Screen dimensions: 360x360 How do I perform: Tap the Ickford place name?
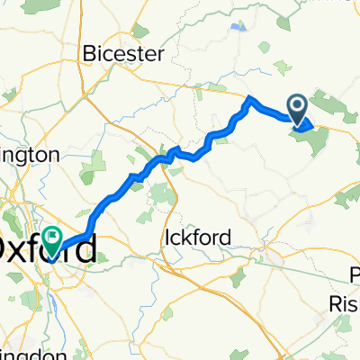(198, 238)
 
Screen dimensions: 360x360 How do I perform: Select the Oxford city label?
(45, 248)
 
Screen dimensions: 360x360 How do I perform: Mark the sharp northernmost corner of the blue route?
(251, 97)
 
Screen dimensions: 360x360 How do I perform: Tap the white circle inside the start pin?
(297, 104)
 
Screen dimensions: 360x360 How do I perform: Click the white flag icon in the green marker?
(50, 238)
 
